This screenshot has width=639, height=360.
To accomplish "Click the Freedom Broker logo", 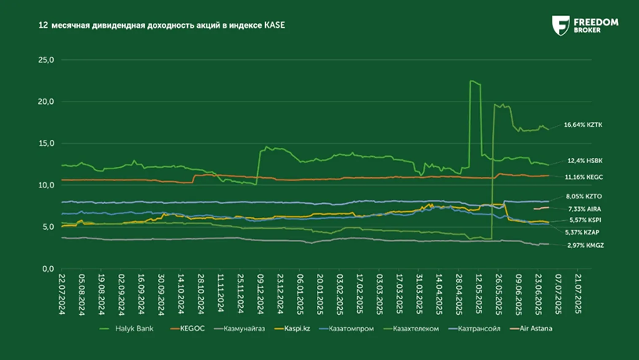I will [585, 25].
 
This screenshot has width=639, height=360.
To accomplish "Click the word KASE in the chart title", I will [274, 25].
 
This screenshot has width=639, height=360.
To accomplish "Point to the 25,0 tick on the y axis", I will [46, 60].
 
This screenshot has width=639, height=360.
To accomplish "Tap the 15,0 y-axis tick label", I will [46, 143].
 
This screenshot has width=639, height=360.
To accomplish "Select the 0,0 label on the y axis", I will [48, 269].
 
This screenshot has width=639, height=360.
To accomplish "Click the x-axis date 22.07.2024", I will [62, 294].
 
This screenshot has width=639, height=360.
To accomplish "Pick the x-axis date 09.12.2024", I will [260, 294].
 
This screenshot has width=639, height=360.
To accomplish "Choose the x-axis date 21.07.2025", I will [577, 294].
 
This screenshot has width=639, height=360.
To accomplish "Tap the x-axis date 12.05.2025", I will [478, 294].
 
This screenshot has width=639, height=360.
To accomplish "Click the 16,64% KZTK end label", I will [583, 125].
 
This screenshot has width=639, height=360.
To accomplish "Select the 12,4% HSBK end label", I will [585, 161].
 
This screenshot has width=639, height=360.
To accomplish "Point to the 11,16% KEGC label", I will [584, 177].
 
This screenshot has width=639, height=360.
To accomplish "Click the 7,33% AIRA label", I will [584, 209].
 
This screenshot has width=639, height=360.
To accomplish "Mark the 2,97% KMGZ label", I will [585, 245].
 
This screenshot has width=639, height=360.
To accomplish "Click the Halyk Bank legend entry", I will [134, 328].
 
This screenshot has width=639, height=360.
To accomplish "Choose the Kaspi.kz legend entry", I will [297, 328].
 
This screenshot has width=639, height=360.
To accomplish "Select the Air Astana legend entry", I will [535, 328].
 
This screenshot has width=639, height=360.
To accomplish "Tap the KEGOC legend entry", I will [192, 328].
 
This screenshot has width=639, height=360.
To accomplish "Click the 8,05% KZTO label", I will [584, 196].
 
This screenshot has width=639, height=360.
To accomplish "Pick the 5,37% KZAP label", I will [582, 232].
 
